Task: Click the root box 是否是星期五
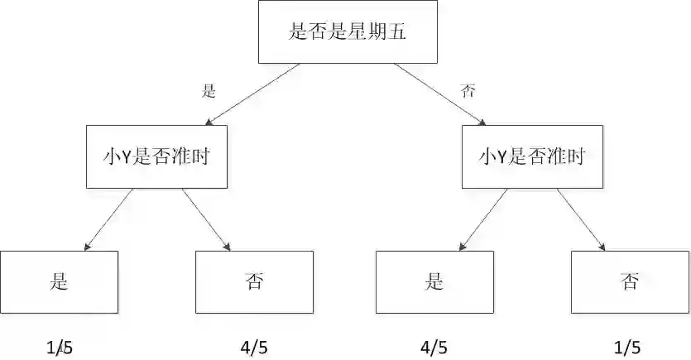[348, 32]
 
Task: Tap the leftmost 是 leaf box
[59, 281]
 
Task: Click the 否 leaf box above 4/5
[254, 281]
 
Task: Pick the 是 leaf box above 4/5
[434, 281]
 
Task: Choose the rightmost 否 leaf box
[630, 281]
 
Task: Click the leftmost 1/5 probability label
[60, 348]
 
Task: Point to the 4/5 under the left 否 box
[253, 348]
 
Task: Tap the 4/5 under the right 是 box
[434, 348]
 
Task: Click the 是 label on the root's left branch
[209, 91]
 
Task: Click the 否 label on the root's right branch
[468, 91]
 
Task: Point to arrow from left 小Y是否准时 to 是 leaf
[110, 218]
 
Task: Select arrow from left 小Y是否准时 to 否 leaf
[205, 218]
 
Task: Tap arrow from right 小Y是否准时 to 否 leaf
[581, 218]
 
